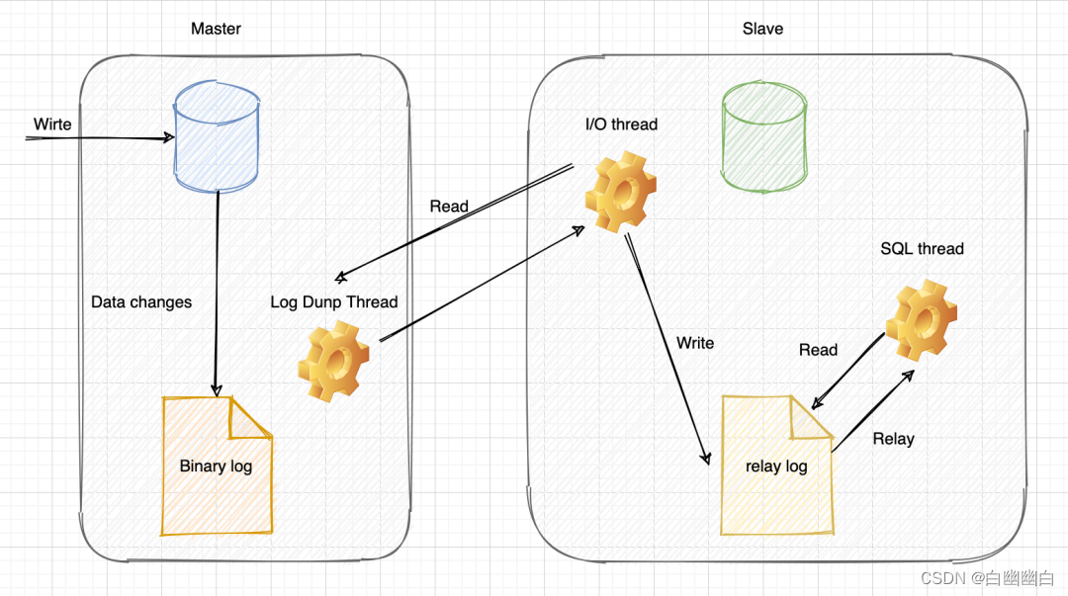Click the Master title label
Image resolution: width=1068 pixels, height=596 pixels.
point(216,29)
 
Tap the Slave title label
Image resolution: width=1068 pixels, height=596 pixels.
point(762,29)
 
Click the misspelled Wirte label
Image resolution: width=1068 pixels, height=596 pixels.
point(52,124)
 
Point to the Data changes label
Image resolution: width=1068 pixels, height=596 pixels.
point(141,301)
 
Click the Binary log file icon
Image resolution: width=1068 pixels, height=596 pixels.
point(217,465)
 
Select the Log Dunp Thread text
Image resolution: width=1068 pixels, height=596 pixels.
point(334,301)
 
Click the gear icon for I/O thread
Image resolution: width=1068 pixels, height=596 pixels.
point(620,192)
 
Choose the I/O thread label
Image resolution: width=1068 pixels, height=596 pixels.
point(621,125)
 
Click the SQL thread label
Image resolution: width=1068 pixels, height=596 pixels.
point(922,249)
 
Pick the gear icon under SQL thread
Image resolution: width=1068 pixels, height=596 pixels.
point(922,320)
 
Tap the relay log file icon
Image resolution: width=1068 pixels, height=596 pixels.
point(776,465)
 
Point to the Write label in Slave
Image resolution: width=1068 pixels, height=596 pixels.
point(695,343)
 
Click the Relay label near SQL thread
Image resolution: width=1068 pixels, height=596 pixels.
point(893,439)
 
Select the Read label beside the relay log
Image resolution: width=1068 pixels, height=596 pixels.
point(818,350)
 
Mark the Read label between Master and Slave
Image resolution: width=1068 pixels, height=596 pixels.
point(449,207)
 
